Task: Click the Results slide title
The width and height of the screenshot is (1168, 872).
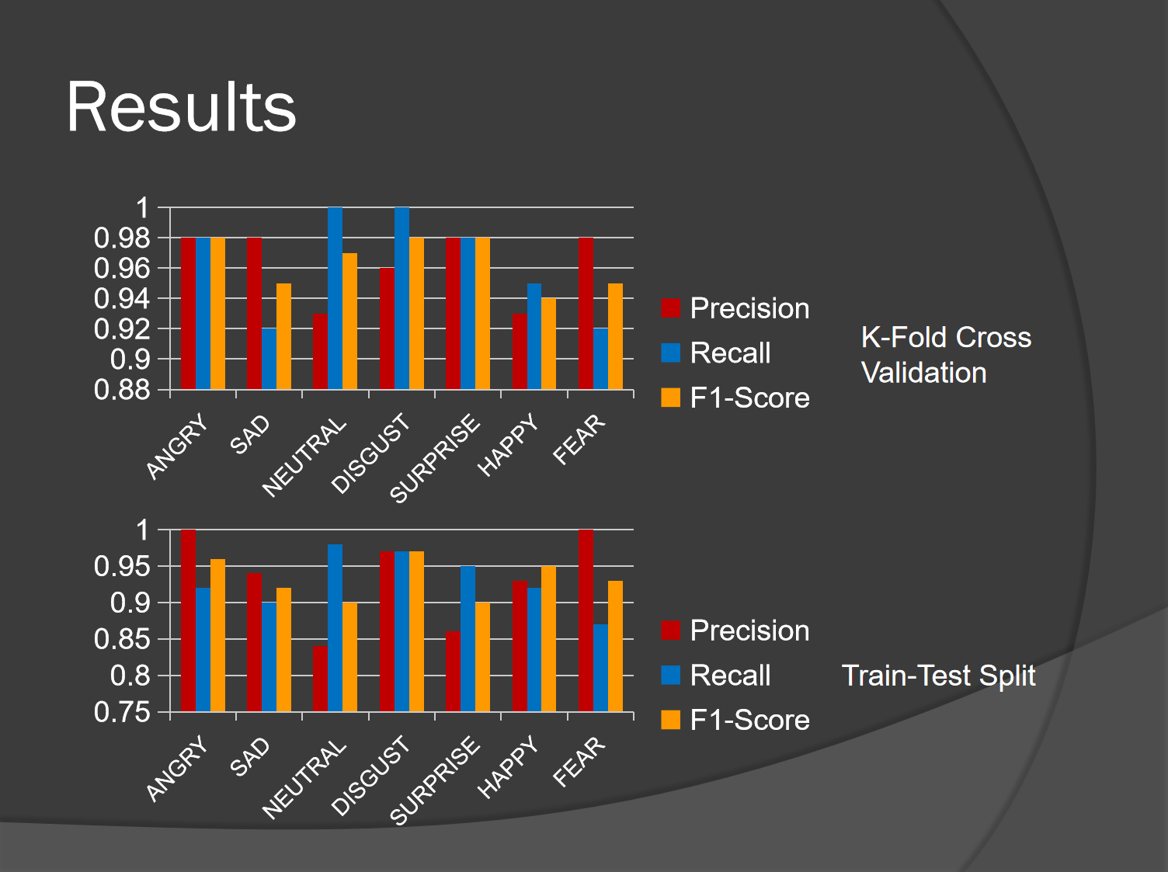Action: [x=181, y=107]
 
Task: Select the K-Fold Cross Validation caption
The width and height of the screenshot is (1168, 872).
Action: [x=946, y=355]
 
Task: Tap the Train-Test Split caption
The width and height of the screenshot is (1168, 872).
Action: [x=938, y=676]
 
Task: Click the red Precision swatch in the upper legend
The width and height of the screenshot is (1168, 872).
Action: [x=670, y=308]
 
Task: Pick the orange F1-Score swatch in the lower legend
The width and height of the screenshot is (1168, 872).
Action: [x=670, y=720]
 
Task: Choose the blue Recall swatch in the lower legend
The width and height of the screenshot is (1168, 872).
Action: [x=670, y=675]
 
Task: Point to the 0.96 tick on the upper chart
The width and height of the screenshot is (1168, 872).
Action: [x=122, y=269]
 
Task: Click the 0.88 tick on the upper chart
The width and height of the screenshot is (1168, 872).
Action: [x=122, y=390]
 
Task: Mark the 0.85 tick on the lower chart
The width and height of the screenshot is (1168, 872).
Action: [x=122, y=640]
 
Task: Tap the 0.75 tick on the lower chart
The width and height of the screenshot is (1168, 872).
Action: [x=122, y=712]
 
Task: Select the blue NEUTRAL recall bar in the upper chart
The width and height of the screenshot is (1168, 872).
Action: [x=335, y=298]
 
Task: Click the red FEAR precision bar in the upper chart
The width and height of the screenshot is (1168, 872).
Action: [x=586, y=313]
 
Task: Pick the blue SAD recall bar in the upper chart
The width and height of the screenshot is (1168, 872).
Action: [x=269, y=359]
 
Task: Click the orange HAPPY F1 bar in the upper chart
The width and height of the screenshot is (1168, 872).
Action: [x=549, y=343]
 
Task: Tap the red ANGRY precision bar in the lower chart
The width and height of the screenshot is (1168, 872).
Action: [x=188, y=620]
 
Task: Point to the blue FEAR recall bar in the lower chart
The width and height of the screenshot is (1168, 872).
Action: [x=600, y=668]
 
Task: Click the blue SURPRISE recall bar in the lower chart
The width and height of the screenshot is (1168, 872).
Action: [x=468, y=638]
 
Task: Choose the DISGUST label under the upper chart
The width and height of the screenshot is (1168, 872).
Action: [x=371, y=454]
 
